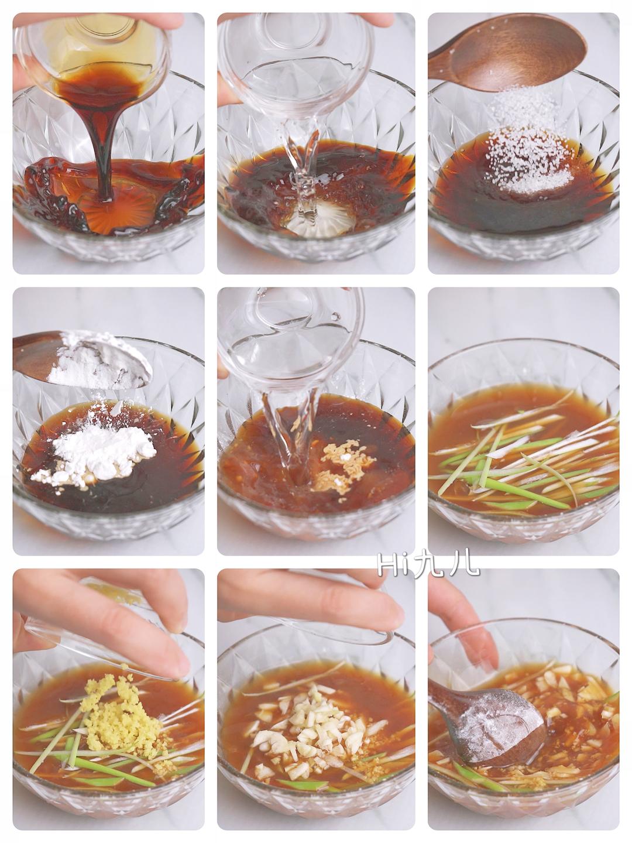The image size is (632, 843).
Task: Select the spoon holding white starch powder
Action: pos(83,359)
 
